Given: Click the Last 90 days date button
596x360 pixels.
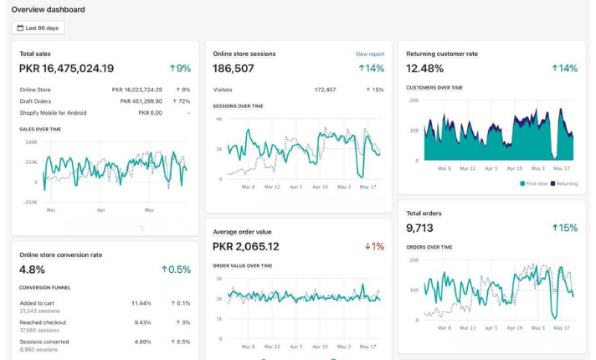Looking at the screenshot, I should [x=39, y=28].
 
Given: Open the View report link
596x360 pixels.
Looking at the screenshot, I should [x=369, y=54].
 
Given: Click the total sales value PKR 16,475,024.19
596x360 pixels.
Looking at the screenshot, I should [x=66, y=69].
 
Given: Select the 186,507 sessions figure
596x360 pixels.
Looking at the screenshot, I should [x=234, y=69].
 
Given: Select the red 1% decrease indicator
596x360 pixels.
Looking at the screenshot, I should [x=373, y=247].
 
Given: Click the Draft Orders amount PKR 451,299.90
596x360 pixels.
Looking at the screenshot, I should [x=141, y=100].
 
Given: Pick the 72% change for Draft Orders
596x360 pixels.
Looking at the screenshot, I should [x=182, y=100].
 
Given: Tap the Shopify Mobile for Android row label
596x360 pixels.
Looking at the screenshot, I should [x=54, y=112].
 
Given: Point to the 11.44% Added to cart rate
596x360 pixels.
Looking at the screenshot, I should [x=141, y=302].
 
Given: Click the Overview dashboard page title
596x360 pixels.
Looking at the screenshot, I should [x=48, y=9].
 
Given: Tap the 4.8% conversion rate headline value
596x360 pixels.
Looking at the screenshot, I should [x=33, y=270].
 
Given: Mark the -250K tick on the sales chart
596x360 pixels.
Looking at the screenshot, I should [x=29, y=202].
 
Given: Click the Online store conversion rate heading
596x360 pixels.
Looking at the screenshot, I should [x=61, y=254].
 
